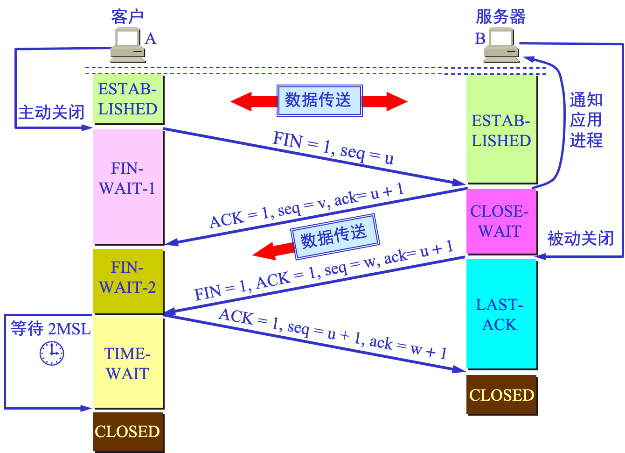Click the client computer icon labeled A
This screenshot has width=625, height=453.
pyautogui.click(x=127, y=45)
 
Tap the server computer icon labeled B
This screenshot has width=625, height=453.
pyautogui.click(x=501, y=45)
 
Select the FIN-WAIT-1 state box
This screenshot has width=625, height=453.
pyautogui.click(x=127, y=186)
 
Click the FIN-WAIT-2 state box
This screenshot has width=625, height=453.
pyautogui.click(x=127, y=280)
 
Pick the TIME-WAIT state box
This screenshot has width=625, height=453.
pyautogui.click(x=127, y=362)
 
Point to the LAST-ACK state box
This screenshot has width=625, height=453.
pyautogui.click(x=500, y=314)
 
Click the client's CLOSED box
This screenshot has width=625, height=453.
pyautogui.click(x=127, y=431)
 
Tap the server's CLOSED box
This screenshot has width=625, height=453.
pyautogui.click(x=501, y=395)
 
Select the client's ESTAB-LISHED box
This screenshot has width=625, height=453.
pyautogui.click(x=127, y=99)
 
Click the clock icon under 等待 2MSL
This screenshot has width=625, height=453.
pyautogui.click(x=52, y=353)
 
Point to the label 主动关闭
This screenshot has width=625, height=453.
pyautogui.click(x=51, y=113)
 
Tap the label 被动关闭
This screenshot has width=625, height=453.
pyautogui.click(x=580, y=239)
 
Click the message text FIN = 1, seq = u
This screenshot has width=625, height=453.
pyautogui.click(x=333, y=148)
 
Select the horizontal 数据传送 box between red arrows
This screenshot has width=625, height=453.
pyautogui.click(x=319, y=100)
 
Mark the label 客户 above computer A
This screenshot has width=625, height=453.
pyautogui.click(x=127, y=17)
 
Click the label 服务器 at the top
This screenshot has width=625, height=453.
pyautogui.click(x=500, y=17)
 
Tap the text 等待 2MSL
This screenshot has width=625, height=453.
pyautogui.click(x=50, y=329)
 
